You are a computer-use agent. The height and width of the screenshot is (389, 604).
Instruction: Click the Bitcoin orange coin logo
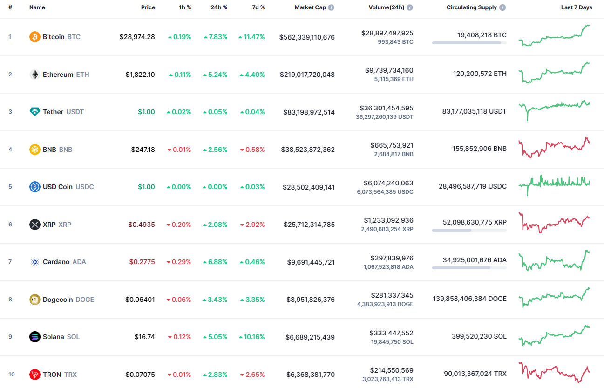[35, 37]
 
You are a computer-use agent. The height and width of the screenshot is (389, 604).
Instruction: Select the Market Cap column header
[310, 7]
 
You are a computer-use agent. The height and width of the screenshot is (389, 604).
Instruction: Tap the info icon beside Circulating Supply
[502, 7]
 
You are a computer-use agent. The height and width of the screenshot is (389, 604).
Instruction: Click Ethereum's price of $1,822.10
[140, 75]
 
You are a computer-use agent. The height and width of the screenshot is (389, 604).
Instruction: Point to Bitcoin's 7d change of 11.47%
[251, 37]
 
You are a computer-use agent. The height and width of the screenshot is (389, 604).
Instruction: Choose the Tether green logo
[35, 112]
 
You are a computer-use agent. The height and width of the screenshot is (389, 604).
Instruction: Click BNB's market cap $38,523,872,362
[308, 150]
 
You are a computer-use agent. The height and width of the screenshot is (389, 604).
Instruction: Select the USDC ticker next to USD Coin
[84, 187]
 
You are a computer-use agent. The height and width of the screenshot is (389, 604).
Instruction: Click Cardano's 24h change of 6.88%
[215, 262]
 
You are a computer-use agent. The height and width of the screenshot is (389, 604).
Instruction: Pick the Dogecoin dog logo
[35, 300]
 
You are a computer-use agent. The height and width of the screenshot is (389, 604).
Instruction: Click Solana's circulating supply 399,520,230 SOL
[479, 336]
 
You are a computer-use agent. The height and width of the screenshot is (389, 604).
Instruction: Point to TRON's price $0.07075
[140, 375]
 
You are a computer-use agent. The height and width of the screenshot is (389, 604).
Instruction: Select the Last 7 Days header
[577, 7]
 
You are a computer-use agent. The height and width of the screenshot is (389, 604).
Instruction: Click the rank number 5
[10, 187]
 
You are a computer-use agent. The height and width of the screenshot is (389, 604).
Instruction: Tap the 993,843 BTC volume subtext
[394, 42]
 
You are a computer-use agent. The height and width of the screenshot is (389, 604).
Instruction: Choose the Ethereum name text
[58, 75]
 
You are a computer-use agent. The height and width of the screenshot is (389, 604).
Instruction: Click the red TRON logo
[35, 375]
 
